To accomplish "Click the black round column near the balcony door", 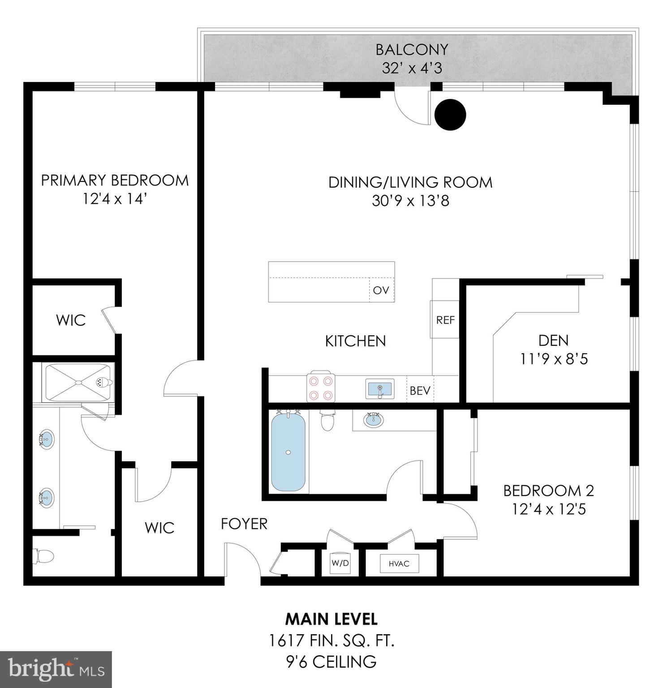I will pos(450,115).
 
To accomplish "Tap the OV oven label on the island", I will pos(381,290).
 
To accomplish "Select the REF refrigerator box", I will pos(445,320).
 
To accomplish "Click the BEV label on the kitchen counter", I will pos(420,391).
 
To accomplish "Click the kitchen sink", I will pos(379,388).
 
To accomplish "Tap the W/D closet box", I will pos(340,563).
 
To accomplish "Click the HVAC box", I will pos(399,563).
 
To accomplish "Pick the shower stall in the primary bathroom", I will pos(78,383).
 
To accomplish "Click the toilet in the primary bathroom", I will pos(43,557).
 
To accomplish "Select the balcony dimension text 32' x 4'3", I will pos(412,68).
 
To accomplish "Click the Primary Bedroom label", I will pos(115,181).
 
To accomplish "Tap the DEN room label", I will pos(553,340).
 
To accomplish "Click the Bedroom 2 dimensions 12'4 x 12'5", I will pos(549,509).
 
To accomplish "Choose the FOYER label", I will pos(244,524).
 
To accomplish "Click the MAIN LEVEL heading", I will pos(331,619).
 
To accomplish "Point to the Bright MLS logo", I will pos(56,669).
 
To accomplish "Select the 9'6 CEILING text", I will pos(331,662).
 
